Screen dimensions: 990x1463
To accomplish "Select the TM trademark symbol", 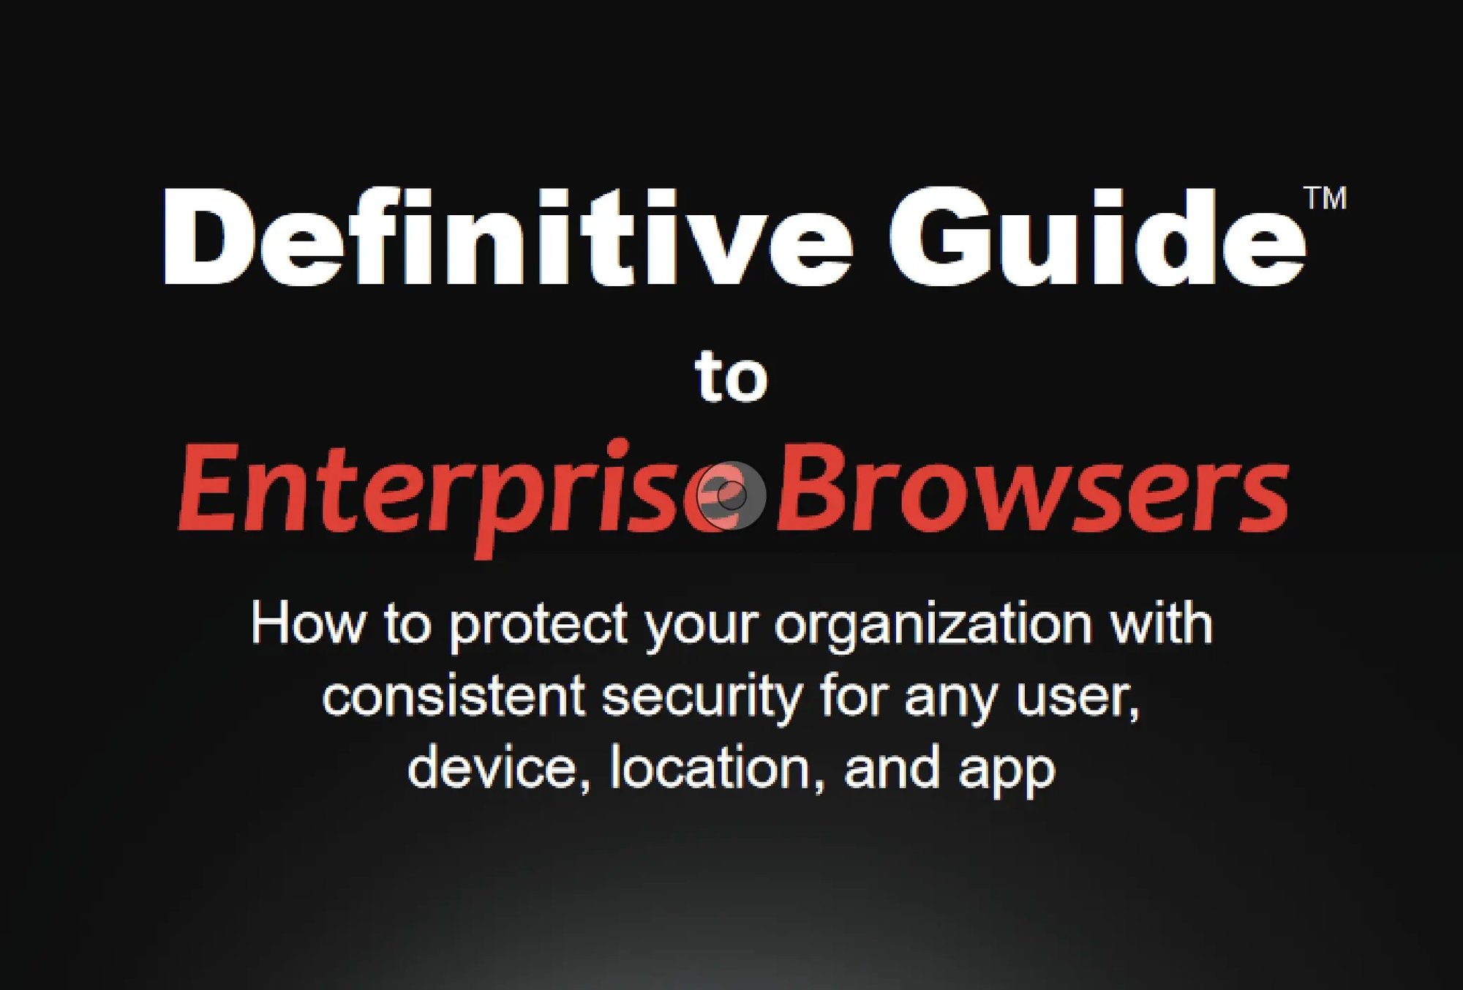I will [1325, 198].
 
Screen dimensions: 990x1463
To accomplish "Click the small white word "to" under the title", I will [731, 378].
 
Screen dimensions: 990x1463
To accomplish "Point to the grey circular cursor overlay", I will [731, 495].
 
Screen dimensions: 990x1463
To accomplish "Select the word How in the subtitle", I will [307, 624].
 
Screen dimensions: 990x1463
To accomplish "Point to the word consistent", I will [454, 697].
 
